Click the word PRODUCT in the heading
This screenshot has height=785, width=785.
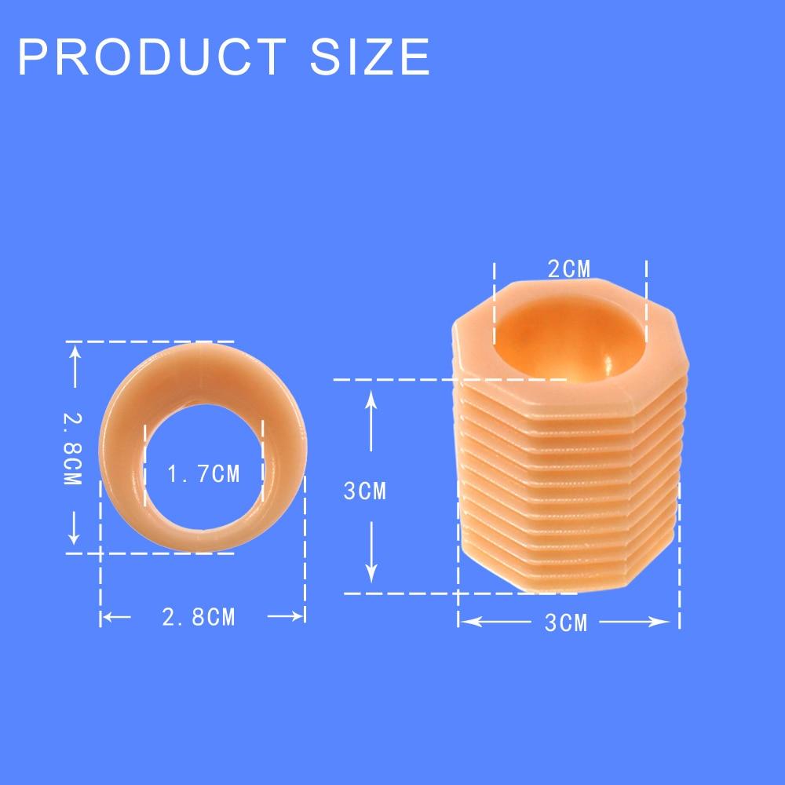(x=152, y=57)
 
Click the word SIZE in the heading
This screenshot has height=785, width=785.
(x=370, y=57)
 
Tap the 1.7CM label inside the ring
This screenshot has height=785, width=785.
(x=204, y=474)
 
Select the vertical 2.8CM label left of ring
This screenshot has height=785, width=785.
(x=72, y=448)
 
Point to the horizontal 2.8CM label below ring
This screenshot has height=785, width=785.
(x=199, y=617)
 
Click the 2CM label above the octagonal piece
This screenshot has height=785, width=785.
(x=569, y=269)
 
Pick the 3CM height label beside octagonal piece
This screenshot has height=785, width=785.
(x=365, y=491)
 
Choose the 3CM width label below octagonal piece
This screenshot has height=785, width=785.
(x=566, y=623)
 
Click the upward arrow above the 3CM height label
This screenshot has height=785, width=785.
(x=371, y=421)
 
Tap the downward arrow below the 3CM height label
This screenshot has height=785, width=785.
(x=371, y=552)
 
